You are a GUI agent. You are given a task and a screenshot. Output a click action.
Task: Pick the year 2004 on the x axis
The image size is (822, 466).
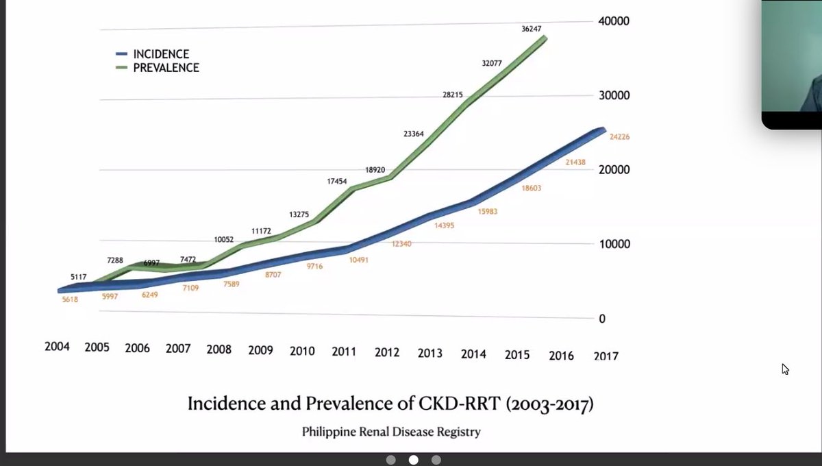point(58,347)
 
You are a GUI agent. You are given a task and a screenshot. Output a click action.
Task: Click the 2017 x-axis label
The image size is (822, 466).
point(605,356)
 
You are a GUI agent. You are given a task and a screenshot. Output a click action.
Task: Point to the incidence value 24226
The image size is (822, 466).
point(619,137)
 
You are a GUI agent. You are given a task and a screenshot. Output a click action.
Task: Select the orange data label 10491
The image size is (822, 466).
point(356,260)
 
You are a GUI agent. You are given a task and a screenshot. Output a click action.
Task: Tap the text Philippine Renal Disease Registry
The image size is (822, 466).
point(391,432)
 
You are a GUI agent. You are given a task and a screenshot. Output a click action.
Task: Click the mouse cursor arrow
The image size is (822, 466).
point(785,369)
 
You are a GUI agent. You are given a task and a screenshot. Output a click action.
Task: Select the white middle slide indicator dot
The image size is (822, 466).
point(413,461)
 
